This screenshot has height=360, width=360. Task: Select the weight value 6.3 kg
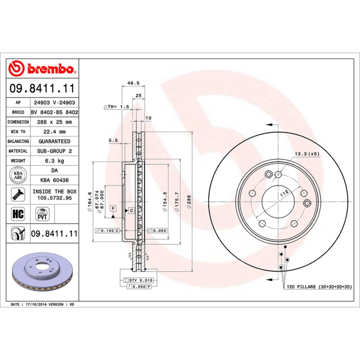point(54,161)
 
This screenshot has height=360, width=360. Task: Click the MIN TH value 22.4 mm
point(54,131)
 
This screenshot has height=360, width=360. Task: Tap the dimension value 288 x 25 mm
point(54,122)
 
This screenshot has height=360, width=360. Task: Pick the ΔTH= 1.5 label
point(117,107)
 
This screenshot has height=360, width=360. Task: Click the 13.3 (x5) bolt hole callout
point(307,154)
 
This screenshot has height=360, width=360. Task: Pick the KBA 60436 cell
point(54,180)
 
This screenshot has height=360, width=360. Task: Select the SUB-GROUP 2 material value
point(54,151)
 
